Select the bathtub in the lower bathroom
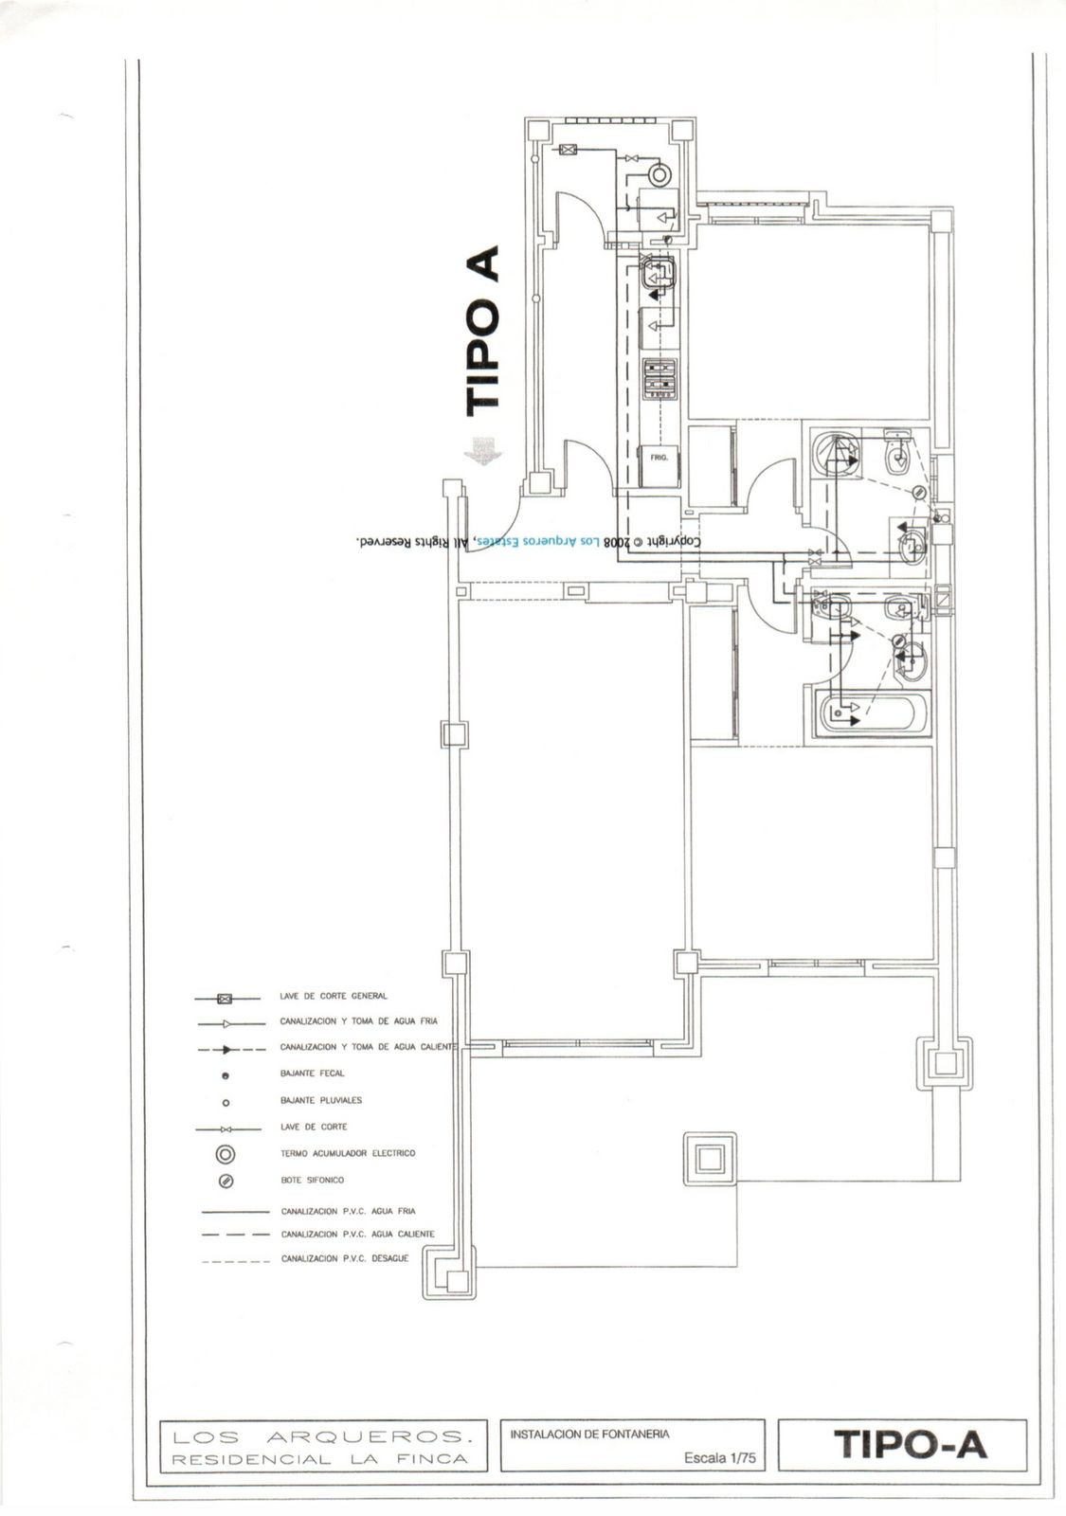[871, 712]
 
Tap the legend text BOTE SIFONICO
[312, 1181]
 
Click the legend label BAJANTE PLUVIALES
[320, 1101]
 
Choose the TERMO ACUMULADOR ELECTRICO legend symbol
[226, 1154]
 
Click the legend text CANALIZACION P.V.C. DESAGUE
[345, 1259]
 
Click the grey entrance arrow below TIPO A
[483, 451]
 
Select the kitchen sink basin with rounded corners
[658, 276]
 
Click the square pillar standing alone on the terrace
[710, 1157]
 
